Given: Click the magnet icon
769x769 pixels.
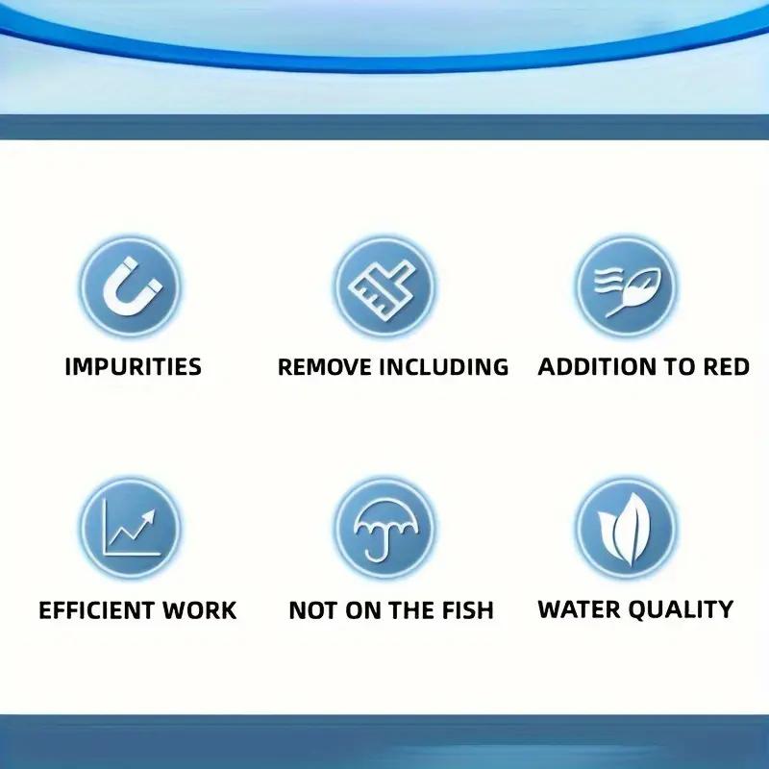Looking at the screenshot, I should point(131,285).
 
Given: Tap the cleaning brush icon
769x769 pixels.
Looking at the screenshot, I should point(384,285).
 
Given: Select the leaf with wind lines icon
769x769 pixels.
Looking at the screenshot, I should point(627,285).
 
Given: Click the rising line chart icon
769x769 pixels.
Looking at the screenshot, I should point(131,529).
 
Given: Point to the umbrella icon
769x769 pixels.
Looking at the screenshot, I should point(384,529).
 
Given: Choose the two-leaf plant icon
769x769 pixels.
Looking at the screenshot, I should point(627,529).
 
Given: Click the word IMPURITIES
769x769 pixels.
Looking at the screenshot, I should point(133,366).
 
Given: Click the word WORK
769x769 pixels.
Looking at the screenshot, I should point(200,610).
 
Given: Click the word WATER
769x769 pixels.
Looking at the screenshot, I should point(577,608).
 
